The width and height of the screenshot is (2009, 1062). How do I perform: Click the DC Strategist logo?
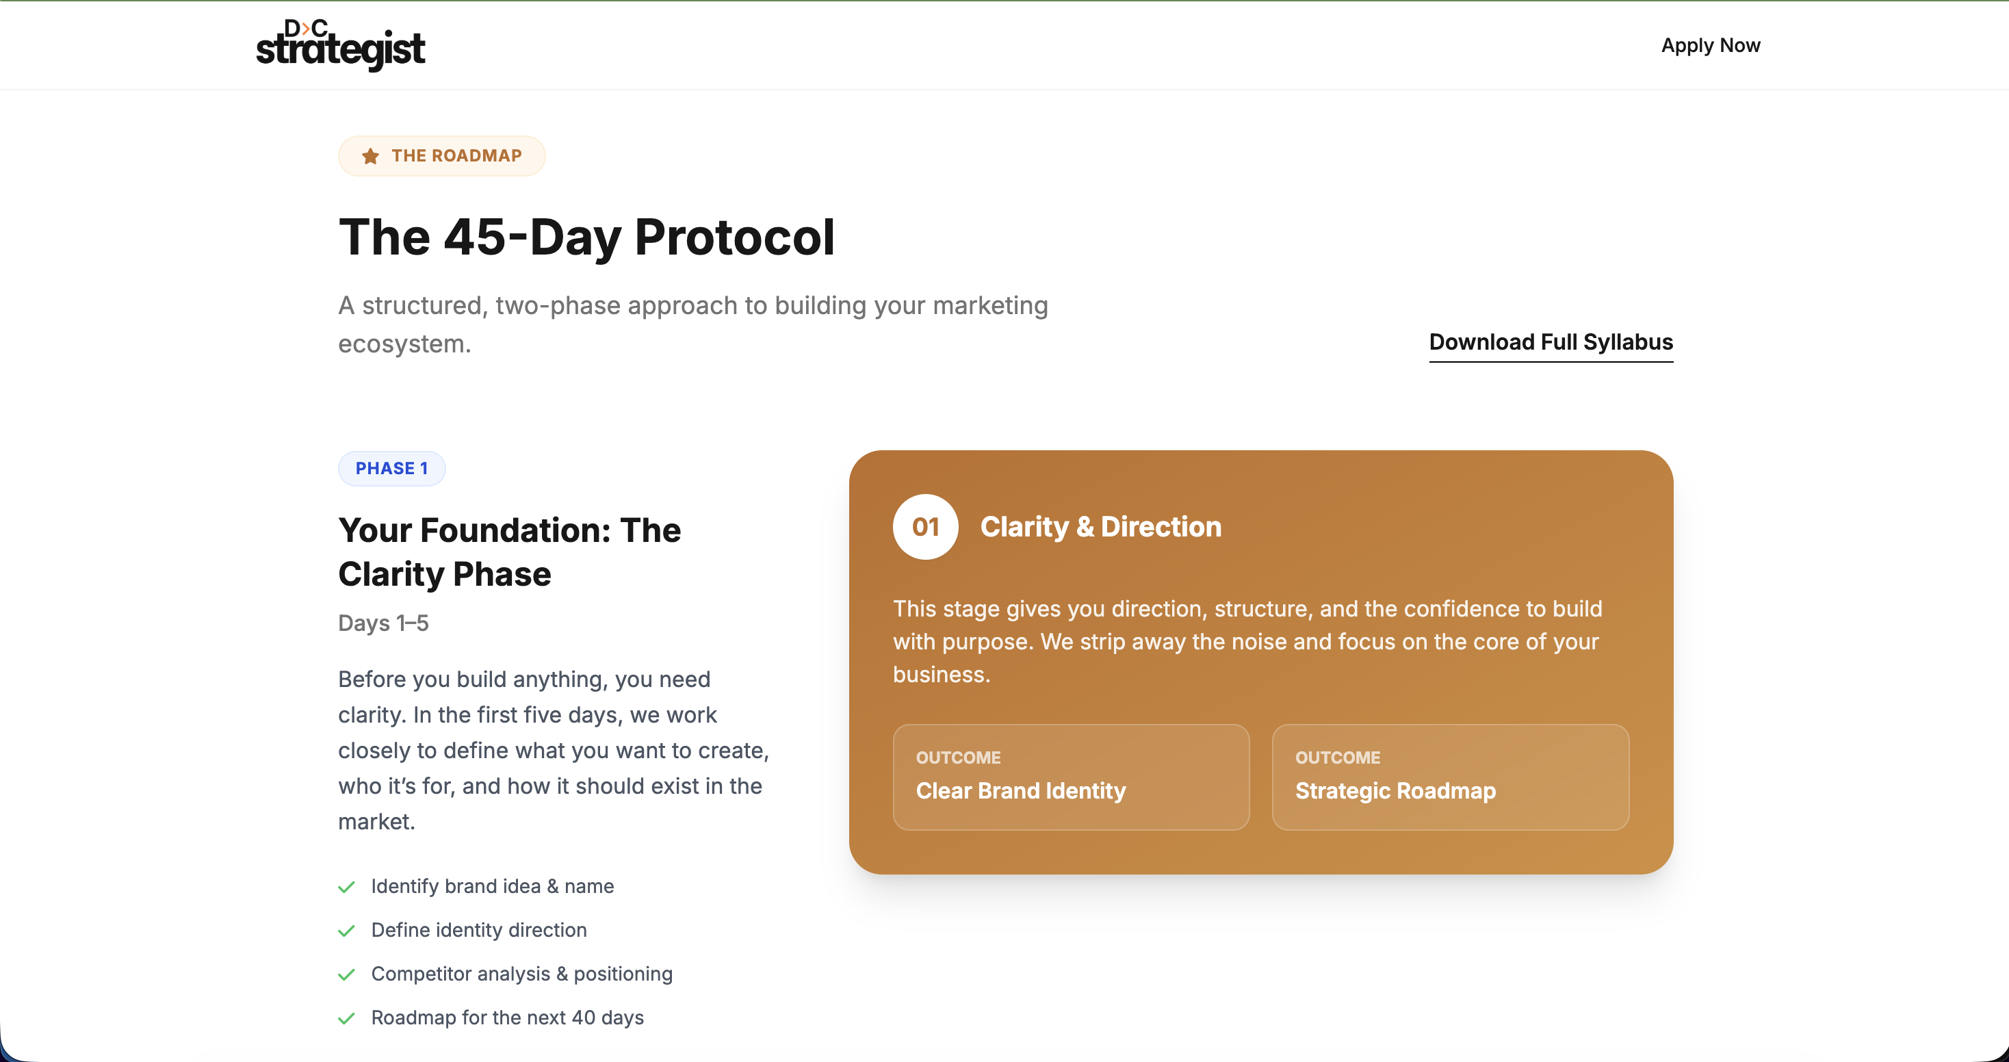pyautogui.click(x=340, y=45)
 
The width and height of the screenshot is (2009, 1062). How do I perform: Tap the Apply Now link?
pyautogui.click(x=1710, y=45)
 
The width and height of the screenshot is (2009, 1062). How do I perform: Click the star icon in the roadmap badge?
pyautogui.click(x=370, y=156)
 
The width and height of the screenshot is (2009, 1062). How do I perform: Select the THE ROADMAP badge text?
pyautogui.click(x=456, y=156)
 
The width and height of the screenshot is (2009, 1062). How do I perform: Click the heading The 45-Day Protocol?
pyautogui.click(x=586, y=237)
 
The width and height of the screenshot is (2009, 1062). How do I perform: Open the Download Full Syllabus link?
pyautogui.click(x=1551, y=342)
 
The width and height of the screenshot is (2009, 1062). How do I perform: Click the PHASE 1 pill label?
pyautogui.click(x=391, y=469)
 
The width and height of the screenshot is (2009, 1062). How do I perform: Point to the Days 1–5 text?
pyautogui.click(x=383, y=623)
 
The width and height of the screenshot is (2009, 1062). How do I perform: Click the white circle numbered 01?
pyautogui.click(x=925, y=527)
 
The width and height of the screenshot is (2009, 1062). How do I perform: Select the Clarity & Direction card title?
pyautogui.click(x=1100, y=527)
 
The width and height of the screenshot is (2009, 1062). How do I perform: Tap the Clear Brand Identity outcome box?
pyautogui.click(x=1071, y=777)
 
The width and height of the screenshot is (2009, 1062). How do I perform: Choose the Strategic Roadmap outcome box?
pyautogui.click(x=1450, y=777)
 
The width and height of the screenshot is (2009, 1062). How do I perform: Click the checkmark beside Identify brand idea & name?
pyautogui.click(x=346, y=888)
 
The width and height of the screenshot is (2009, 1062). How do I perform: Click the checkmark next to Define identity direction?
pyautogui.click(x=346, y=931)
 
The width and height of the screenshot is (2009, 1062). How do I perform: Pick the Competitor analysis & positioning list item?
pyautogui.click(x=521, y=974)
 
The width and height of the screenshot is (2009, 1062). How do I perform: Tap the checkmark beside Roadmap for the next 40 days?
pyautogui.click(x=346, y=1018)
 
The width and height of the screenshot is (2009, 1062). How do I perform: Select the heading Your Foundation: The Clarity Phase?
pyautogui.click(x=509, y=552)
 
